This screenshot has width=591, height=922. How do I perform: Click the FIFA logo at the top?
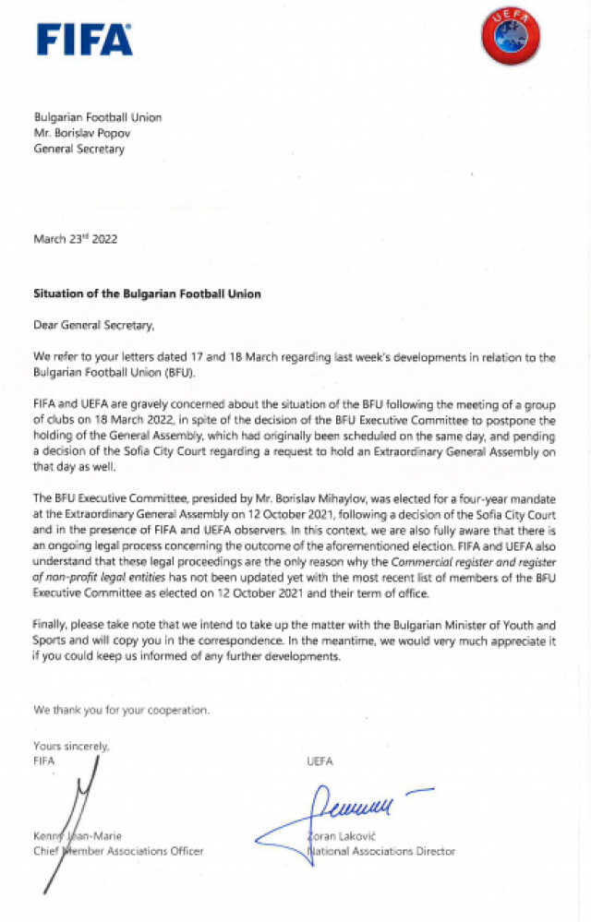click(x=84, y=40)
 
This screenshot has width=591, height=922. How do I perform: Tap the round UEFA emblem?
click(x=510, y=38)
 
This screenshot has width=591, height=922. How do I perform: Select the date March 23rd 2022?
click(x=76, y=239)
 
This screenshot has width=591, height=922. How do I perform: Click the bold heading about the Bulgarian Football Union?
click(x=147, y=293)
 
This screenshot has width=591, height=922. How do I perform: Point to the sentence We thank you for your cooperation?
click(x=121, y=711)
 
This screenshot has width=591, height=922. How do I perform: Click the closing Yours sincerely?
click(x=71, y=746)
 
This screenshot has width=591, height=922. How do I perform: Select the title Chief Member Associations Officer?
click(x=118, y=851)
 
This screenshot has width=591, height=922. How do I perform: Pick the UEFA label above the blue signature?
click(x=320, y=761)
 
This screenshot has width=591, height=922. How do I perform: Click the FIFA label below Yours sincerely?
click(x=44, y=760)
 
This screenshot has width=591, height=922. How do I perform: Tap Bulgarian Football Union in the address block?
click(x=97, y=117)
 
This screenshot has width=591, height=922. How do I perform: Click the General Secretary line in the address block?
click(x=78, y=149)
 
